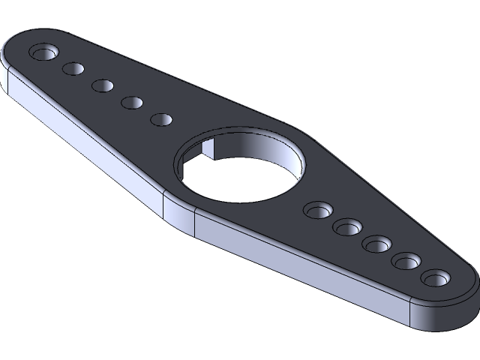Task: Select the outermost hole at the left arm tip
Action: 44,52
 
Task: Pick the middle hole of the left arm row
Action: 103,85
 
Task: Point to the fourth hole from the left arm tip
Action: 132,102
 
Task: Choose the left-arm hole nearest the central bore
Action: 161,119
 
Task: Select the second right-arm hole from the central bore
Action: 348,226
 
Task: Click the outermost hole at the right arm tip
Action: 434,279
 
